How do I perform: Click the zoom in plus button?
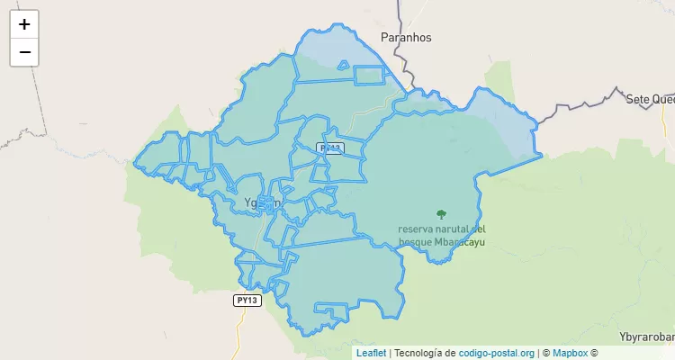tap(24, 24)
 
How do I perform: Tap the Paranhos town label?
tap(407, 38)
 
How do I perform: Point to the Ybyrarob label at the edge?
tap(647, 322)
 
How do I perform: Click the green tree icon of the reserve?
tap(441, 214)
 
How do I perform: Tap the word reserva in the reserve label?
tap(418, 228)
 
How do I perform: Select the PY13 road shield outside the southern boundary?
tap(247, 301)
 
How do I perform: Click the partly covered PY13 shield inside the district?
tap(331, 148)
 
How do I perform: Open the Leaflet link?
tap(371, 353)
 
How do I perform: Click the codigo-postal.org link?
tap(497, 353)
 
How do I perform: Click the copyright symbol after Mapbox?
tap(594, 353)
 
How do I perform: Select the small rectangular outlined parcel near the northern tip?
tap(368, 76)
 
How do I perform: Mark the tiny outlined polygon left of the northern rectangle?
tap(342, 64)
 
